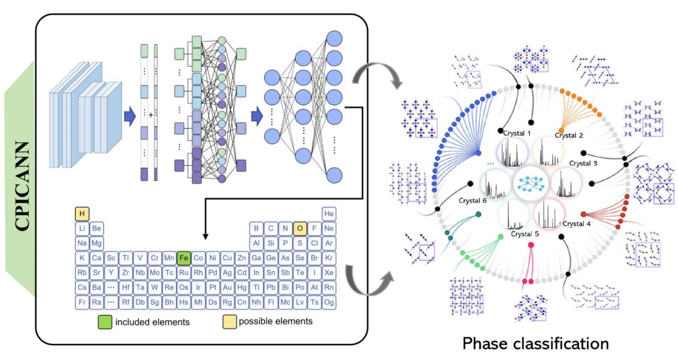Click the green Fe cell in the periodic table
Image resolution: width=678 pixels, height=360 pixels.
coord(184,258)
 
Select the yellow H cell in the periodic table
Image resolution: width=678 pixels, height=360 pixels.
coord(82,214)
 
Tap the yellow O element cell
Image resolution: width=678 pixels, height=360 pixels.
coord(300,228)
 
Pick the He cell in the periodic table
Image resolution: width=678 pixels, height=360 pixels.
coord(329,214)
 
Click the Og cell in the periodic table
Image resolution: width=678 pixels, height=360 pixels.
coord(329,302)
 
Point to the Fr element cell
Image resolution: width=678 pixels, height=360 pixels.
coord(82,302)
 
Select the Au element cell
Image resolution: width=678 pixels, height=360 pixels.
coord(227,287)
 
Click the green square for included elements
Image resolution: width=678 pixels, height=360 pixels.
coord(105,322)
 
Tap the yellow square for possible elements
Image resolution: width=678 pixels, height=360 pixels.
coord(228,322)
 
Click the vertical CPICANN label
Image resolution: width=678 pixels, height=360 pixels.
coord(23,186)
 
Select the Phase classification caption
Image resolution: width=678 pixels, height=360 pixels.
coord(536,344)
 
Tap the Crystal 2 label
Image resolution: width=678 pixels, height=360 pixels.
coord(569,135)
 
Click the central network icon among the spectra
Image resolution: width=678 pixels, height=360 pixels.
coord(531,185)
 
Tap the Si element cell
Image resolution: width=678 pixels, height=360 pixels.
coord(271,243)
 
